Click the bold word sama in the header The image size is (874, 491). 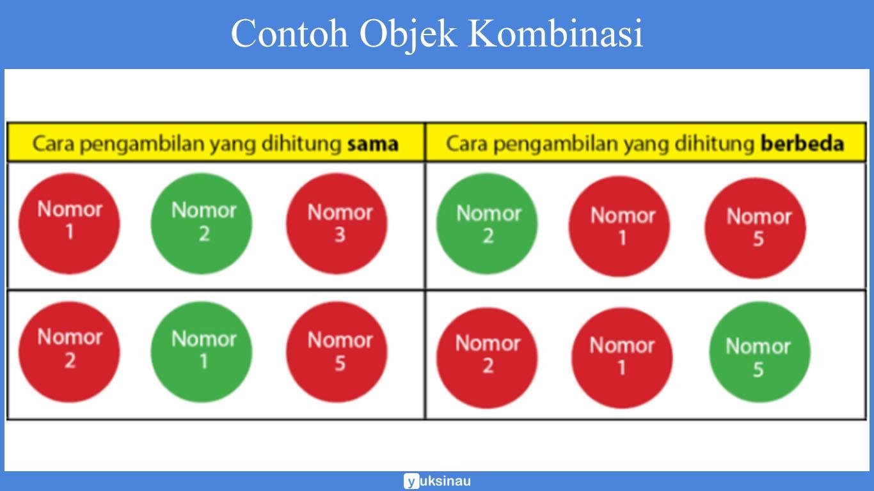(x=372, y=143)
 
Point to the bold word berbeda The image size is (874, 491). (x=802, y=143)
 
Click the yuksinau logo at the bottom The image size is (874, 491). (x=437, y=481)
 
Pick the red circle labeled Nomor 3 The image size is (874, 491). (x=337, y=224)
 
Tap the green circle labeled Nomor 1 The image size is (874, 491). (x=202, y=352)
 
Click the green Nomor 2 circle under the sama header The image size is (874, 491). (x=202, y=224)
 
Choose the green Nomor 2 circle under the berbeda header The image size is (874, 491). (x=487, y=224)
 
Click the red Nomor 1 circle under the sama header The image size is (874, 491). (x=69, y=224)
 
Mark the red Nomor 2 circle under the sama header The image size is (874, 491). (x=69, y=352)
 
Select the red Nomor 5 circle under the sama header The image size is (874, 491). (x=337, y=352)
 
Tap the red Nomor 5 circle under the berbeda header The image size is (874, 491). (x=756, y=228)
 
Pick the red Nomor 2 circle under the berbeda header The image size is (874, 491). (x=487, y=357)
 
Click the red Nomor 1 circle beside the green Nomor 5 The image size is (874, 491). (x=622, y=357)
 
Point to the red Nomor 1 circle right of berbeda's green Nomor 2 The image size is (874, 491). (x=619, y=226)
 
